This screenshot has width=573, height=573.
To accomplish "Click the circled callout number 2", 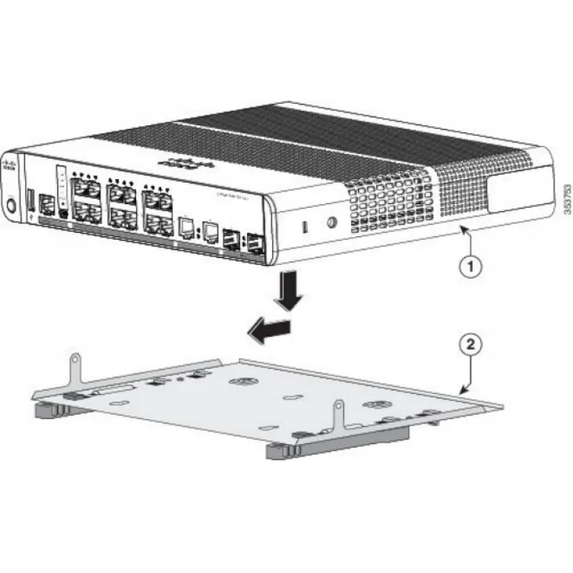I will (x=469, y=345).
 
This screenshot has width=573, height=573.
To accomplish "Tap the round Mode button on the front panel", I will (x=11, y=205).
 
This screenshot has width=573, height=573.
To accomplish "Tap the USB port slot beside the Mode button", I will (x=31, y=201).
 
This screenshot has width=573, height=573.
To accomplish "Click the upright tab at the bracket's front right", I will (x=337, y=417).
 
